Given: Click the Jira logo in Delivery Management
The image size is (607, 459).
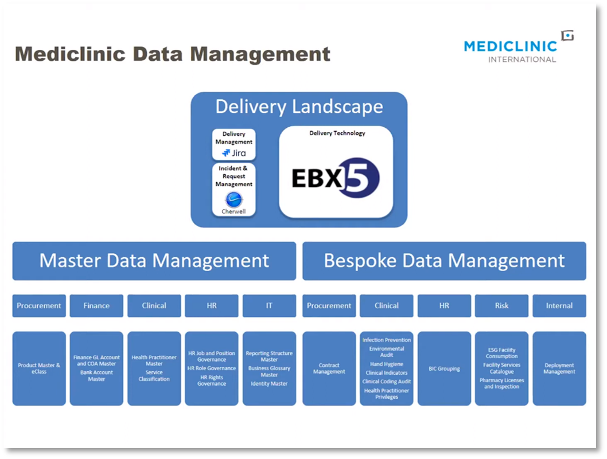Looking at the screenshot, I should pyautogui.click(x=234, y=153).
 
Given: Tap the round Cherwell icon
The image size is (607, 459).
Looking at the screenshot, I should pyautogui.click(x=234, y=199).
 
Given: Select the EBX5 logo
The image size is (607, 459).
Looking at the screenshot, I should pyautogui.click(x=336, y=178).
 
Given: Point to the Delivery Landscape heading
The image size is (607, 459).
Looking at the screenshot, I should pyautogui.click(x=299, y=107).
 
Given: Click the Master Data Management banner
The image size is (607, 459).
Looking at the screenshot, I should pyautogui.click(x=154, y=261).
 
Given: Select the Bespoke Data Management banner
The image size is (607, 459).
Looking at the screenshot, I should pyautogui.click(x=444, y=261).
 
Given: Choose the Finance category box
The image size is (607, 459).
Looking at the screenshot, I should pyautogui.click(x=96, y=305).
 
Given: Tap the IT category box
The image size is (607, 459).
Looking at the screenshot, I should pyautogui.click(x=269, y=305).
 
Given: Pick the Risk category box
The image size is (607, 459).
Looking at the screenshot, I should pyautogui.click(x=501, y=305).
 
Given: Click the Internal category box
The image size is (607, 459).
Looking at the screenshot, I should pyautogui.click(x=559, y=305).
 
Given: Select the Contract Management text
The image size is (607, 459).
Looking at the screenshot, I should pyautogui.click(x=329, y=368).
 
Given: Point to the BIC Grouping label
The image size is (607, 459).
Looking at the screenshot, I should pyautogui.click(x=444, y=368).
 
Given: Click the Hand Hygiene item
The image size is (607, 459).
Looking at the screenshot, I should pyautogui.click(x=387, y=364).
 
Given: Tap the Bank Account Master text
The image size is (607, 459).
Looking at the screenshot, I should pyautogui.click(x=96, y=375).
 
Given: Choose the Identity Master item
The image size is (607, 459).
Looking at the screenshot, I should pyautogui.click(x=269, y=383).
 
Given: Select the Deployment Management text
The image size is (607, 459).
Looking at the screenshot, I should pyautogui.click(x=559, y=368).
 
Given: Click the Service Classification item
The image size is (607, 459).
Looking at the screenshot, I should pyautogui.click(x=154, y=375).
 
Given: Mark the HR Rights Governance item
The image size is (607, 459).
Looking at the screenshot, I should pyautogui.click(x=212, y=380).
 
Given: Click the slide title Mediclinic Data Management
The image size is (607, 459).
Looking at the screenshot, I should pyautogui.click(x=173, y=54).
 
